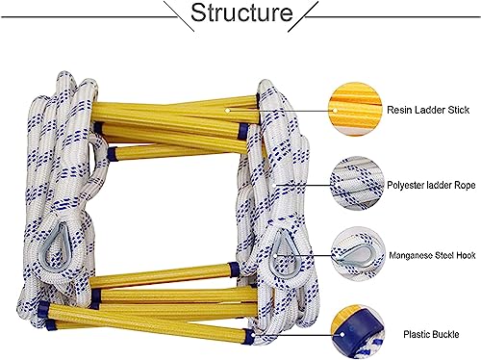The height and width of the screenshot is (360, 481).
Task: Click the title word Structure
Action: (241, 13)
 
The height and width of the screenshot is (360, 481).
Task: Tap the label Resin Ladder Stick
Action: (428, 110)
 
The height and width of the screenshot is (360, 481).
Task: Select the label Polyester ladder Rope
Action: (431, 186)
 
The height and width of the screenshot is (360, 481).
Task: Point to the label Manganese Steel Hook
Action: (432, 255)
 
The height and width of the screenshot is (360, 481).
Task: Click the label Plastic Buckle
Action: (431, 334)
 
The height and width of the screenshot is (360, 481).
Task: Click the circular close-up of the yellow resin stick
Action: (356, 109)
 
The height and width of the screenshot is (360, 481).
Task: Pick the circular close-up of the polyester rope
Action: (357, 184)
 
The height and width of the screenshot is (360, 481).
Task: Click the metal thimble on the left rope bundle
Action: (54, 248)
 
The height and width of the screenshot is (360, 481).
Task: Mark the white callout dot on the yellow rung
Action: (227, 111)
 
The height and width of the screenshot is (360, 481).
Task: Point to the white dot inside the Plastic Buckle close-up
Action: (342, 335)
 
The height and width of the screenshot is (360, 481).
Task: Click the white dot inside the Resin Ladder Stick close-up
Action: (336, 110)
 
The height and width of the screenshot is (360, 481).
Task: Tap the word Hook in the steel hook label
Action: (466, 255)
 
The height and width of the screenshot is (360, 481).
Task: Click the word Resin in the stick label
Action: (398, 110)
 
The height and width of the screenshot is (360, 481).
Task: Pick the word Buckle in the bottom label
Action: (443, 334)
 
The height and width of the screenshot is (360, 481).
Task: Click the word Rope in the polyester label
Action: (465, 186)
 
